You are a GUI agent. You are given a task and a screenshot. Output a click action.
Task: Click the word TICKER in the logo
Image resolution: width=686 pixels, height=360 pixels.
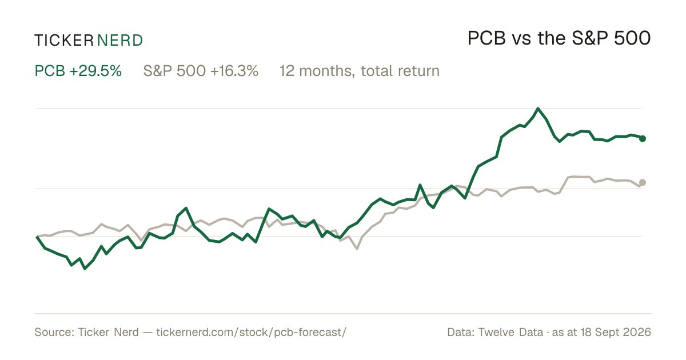63,41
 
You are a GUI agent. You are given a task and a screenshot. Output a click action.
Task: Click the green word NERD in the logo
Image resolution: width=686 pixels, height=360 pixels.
120,41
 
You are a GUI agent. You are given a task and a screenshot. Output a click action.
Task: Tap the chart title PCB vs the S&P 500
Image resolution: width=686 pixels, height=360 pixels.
559,38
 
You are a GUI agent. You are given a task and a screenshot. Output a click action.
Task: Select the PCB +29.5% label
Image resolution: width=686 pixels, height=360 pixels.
78,71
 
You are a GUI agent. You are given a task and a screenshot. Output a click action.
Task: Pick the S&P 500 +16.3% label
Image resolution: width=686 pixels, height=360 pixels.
201,71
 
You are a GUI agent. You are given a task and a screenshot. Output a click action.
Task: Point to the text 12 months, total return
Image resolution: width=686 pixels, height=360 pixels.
360,71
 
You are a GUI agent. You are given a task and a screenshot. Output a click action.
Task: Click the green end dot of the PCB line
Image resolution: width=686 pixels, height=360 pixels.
643,139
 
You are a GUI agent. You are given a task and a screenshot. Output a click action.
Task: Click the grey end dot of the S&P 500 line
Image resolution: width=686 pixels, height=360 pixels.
643,182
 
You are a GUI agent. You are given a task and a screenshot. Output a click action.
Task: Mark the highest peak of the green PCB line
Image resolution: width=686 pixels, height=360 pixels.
538,108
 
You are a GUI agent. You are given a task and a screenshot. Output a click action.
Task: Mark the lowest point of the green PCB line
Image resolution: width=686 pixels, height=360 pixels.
85,269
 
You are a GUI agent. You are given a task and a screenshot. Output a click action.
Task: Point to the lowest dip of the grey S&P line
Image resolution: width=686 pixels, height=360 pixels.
357,249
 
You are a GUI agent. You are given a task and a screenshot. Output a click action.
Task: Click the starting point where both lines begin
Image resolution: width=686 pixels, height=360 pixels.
37,237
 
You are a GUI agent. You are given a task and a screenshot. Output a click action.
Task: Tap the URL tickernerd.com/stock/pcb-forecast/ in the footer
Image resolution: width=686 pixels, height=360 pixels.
252,332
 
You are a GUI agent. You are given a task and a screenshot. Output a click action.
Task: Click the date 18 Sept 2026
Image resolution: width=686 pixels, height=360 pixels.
616,332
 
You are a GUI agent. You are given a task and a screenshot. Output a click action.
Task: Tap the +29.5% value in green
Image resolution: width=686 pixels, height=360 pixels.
95,71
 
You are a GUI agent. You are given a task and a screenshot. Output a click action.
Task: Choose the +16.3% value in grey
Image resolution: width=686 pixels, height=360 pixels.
234,71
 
